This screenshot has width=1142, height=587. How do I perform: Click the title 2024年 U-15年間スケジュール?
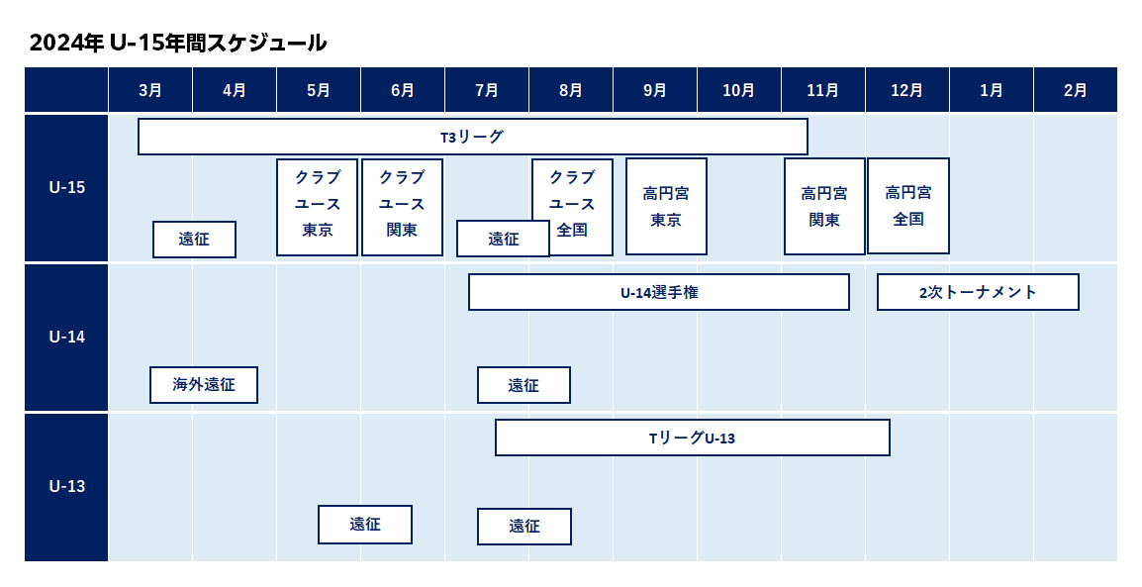[x=178, y=43]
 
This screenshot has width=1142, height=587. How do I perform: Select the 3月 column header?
[x=150, y=89]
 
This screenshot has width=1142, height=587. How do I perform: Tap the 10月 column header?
[x=738, y=89]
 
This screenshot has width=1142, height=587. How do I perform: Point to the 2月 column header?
[x=1075, y=89]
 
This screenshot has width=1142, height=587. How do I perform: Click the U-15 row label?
[x=66, y=187]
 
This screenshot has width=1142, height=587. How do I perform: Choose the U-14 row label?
[x=66, y=337]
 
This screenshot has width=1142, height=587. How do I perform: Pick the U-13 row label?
[x=66, y=486]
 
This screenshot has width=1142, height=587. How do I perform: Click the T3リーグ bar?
[x=473, y=137]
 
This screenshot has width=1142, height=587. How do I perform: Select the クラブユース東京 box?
[x=317, y=207]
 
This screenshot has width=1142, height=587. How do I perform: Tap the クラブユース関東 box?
[x=402, y=207]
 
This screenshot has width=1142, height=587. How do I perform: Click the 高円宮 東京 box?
[x=666, y=206]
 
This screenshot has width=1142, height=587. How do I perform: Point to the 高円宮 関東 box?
[x=824, y=206]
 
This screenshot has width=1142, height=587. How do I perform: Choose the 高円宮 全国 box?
[x=908, y=205]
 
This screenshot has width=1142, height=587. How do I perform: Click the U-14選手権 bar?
[x=659, y=292]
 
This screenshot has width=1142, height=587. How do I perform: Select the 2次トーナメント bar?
[x=978, y=292]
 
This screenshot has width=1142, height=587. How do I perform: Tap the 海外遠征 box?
[x=204, y=384]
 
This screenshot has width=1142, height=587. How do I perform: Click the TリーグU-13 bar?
[x=693, y=438]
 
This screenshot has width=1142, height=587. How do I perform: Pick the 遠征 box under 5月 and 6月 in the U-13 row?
[x=365, y=525]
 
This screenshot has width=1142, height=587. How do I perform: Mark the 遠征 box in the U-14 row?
[x=523, y=384]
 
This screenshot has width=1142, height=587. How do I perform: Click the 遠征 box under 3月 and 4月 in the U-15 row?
[x=195, y=239]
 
